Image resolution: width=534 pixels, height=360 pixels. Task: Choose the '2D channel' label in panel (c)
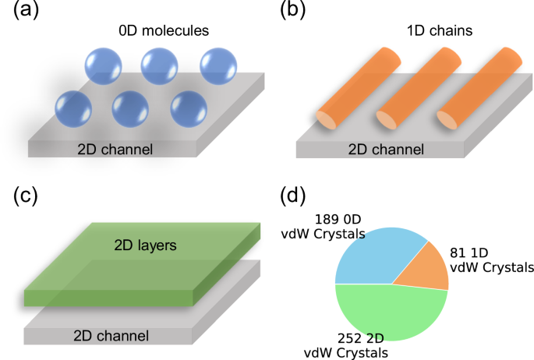click(111, 336)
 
